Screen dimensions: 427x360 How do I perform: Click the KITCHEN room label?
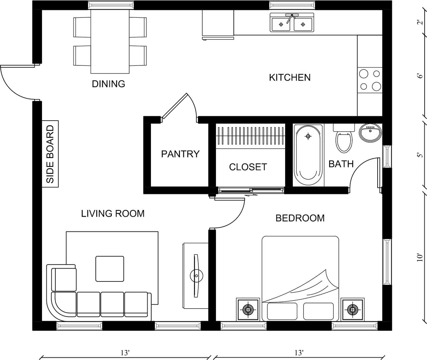tap(289, 77)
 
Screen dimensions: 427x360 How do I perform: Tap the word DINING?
tap(109, 84)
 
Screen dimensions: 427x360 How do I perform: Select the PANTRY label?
tap(180, 154)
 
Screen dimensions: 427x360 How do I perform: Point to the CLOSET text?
tap(248, 167)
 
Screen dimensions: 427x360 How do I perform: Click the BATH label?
tap(341, 164)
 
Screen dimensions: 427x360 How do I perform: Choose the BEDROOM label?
tap(300, 218)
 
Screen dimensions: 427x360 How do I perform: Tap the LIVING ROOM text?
tap(113, 213)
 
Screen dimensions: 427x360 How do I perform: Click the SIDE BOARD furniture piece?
tap(50, 154)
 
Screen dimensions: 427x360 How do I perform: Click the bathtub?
tap(308, 155)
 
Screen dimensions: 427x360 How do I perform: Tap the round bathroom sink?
tap(370, 133)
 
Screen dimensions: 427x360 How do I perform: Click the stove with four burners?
tap(370, 80)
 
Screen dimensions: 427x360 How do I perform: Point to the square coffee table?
tap(110, 269)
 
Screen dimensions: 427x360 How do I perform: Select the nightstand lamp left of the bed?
tap(248, 310)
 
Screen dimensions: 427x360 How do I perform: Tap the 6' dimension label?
tap(420, 75)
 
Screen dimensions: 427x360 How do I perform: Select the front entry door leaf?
tap(17, 66)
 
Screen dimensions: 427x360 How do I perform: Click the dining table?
tap(110, 41)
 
